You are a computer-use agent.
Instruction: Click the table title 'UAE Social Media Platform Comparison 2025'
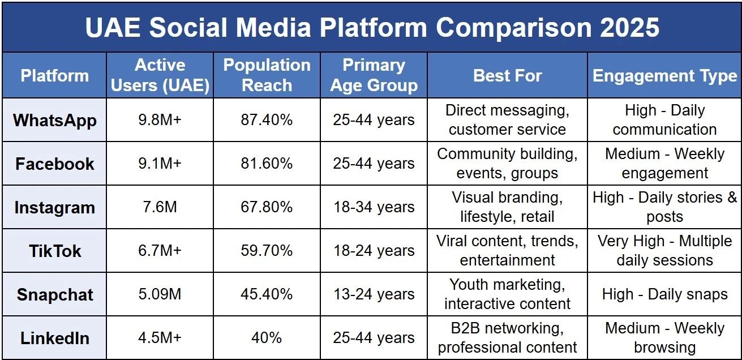pos(371,27)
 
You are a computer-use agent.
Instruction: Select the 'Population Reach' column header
pos(267,75)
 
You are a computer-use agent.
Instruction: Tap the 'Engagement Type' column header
pos(664,76)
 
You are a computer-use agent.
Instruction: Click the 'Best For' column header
pos(507,76)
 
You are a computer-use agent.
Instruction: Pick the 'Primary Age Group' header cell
pos(374,75)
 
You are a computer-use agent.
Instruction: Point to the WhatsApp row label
pos(55,120)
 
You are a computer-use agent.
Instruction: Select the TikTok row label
pos(55,251)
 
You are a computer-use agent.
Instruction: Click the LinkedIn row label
pos(55,338)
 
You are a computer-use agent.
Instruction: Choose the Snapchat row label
pos(55,294)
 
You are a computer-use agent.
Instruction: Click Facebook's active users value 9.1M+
pos(160,164)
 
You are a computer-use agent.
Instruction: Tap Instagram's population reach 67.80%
pos(267,207)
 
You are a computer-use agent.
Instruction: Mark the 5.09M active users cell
pos(160,294)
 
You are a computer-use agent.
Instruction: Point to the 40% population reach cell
pos(267,338)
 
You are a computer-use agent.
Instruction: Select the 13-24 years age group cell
pos(374,294)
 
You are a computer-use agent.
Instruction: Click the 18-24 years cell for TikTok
pos(374,251)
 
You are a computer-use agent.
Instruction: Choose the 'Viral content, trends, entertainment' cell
pos(507,251)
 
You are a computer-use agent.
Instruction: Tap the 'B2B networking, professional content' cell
pos(507,338)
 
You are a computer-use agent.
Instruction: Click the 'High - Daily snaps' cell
pos(664,294)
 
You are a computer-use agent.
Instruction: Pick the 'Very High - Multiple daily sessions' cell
pos(664,251)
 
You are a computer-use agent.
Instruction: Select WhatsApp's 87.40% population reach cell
pos(267,120)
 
